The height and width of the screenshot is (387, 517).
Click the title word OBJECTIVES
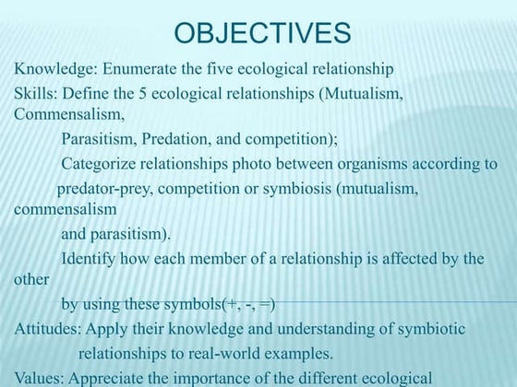(x=262, y=34)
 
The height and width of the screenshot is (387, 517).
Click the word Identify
(x=90, y=260)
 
